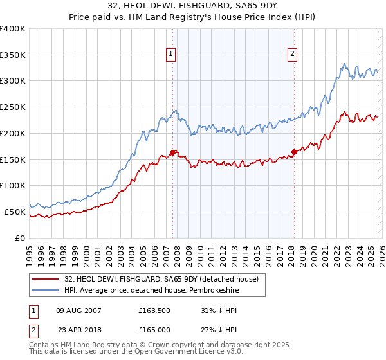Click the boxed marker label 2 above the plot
point(293,55)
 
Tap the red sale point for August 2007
point(172,152)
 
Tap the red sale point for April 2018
point(294,152)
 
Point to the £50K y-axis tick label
point(14,212)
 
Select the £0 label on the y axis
point(19,238)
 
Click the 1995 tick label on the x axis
point(30,254)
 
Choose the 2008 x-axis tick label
point(177,254)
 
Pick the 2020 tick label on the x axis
point(313,254)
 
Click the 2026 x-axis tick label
point(381,254)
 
